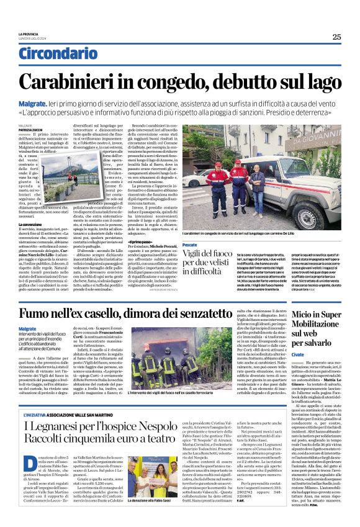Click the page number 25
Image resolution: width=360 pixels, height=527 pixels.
click(336, 37)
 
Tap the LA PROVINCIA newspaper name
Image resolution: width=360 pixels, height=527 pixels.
click(30, 35)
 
